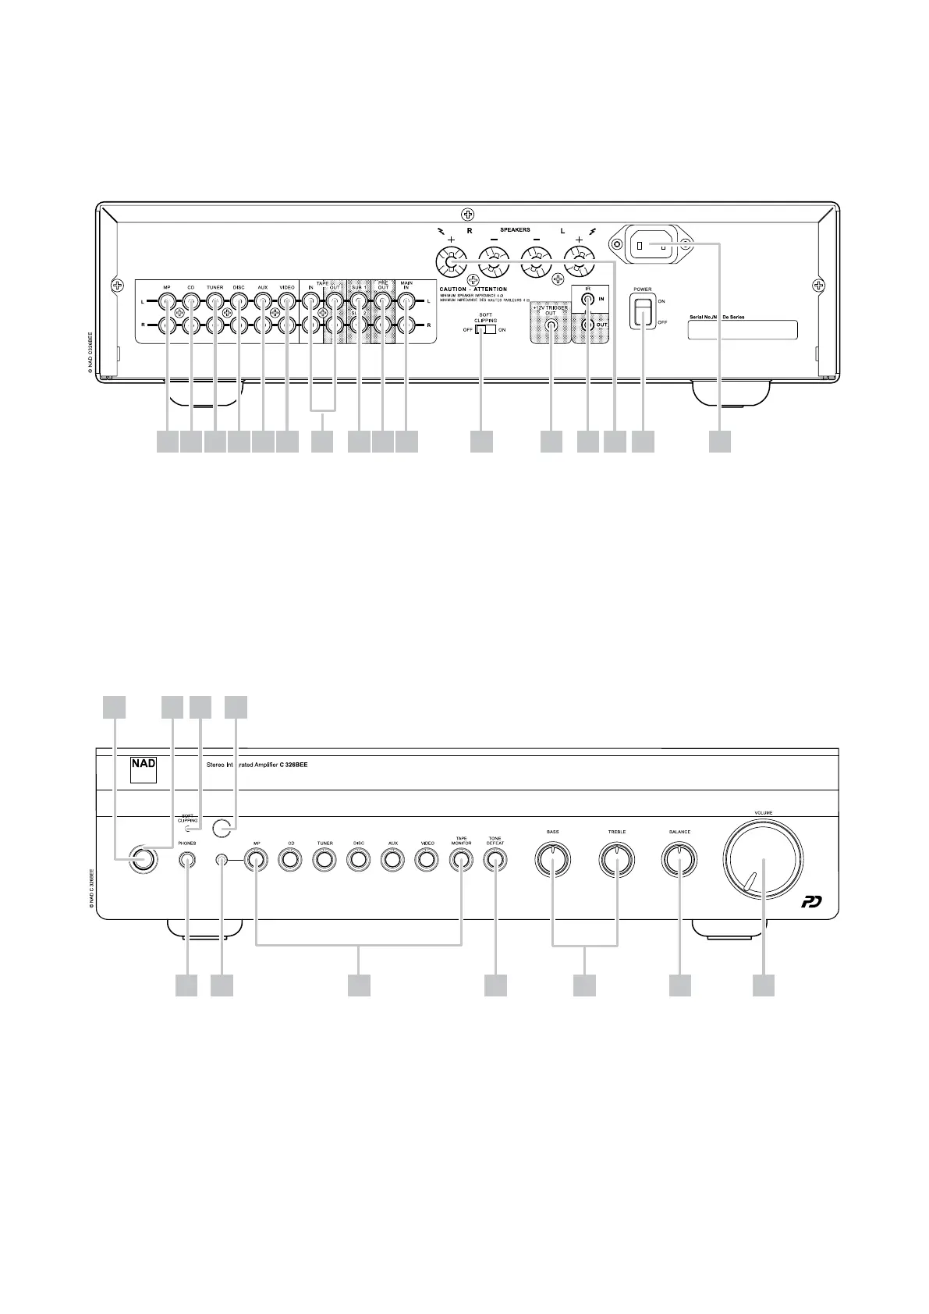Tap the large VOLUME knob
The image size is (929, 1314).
coord(762,860)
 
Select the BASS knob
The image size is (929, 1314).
coord(552,860)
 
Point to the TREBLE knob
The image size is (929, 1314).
coord(617,860)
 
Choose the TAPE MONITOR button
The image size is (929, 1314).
coord(460,860)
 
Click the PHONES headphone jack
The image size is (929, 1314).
coord(186,860)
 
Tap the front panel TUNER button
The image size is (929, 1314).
coord(324,860)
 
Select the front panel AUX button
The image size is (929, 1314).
coord(392,860)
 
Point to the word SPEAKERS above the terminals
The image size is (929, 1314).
coord(515,230)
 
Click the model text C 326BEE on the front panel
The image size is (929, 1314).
coord(293,765)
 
